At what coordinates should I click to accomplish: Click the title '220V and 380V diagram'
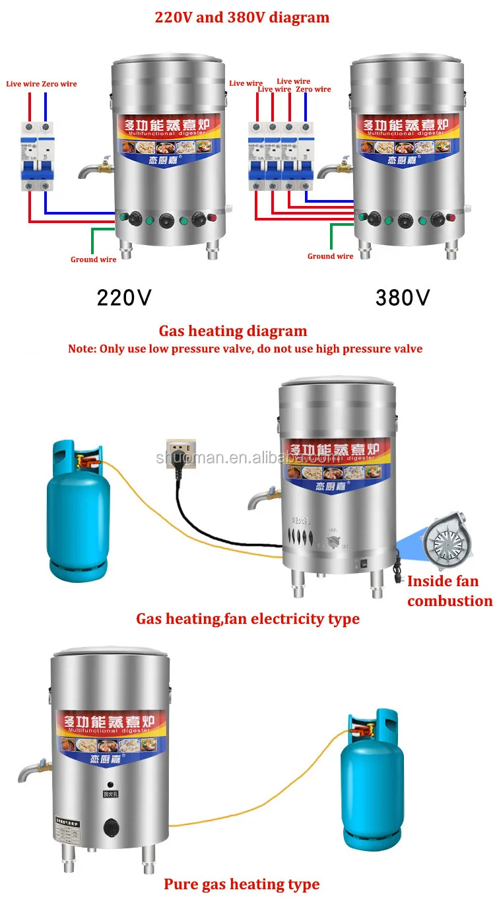coord(242,17)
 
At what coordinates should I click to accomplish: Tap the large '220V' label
coord(124,298)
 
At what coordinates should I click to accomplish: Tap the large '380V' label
coord(403,298)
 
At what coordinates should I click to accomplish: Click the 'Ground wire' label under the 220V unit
coord(94,259)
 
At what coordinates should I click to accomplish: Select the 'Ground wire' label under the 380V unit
coord(330,256)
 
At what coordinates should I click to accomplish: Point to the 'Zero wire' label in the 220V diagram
coord(59,84)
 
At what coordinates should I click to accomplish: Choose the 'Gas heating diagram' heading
coord(233,331)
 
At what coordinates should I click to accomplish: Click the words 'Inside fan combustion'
coord(449,591)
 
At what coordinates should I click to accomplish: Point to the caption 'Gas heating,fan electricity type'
coord(247,619)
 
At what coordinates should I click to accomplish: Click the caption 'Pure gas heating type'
coord(242,884)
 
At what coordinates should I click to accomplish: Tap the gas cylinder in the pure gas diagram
coord(372,780)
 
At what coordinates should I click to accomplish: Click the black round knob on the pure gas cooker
coord(110,827)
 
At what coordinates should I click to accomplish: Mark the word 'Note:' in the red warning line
coord(82,349)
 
